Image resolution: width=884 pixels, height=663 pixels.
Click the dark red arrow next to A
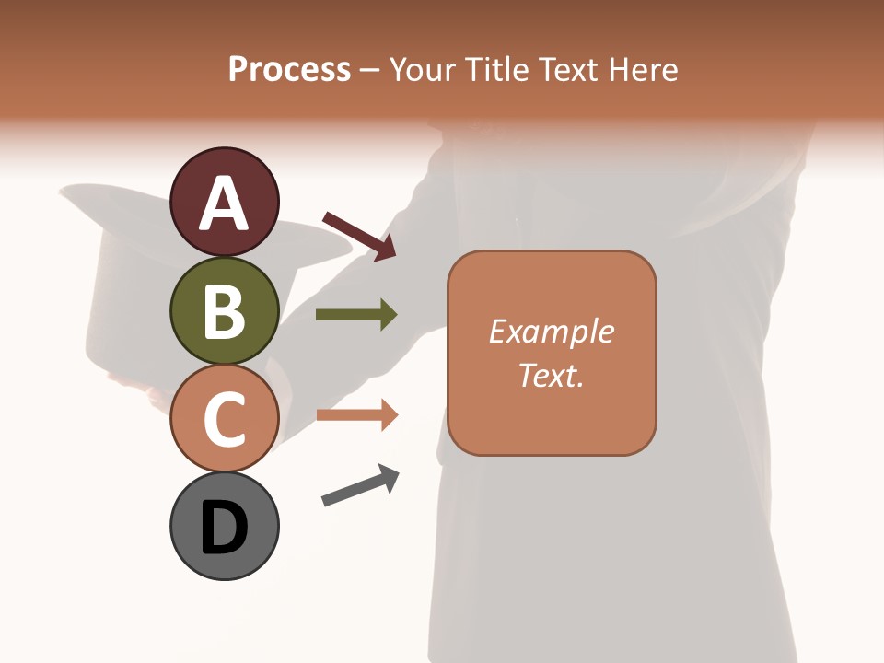(359, 236)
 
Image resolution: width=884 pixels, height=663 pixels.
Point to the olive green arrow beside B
(356, 315)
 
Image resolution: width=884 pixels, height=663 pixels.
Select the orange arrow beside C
(356, 415)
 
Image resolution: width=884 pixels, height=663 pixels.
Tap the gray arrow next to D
(360, 485)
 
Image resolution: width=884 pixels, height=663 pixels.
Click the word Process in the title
(289, 69)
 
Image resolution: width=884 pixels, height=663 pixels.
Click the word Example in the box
(551, 331)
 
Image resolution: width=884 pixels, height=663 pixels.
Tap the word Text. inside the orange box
(551, 375)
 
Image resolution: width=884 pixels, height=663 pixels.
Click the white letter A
(224, 204)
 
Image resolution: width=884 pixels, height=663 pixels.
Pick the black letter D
(224, 529)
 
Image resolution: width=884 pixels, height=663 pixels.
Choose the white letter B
(224, 311)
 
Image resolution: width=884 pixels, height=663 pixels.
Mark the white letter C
(224, 419)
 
